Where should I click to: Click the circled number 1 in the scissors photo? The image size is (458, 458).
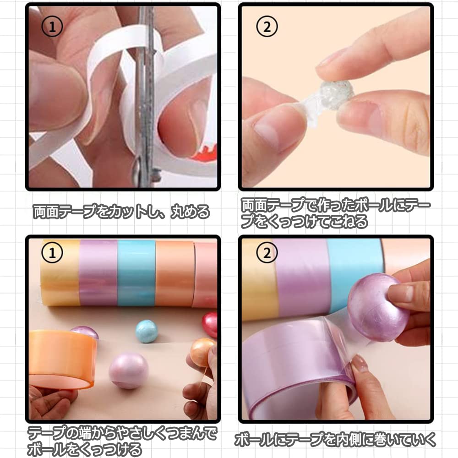point(52,27)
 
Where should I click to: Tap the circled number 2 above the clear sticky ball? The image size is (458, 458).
point(267,27)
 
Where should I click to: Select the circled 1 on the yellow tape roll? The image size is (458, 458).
point(52,253)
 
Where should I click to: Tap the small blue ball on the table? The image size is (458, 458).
point(147,331)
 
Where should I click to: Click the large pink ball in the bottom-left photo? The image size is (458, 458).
point(129,371)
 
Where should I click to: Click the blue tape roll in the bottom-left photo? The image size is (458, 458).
point(136,273)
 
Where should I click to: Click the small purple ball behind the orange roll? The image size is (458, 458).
point(85,332)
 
